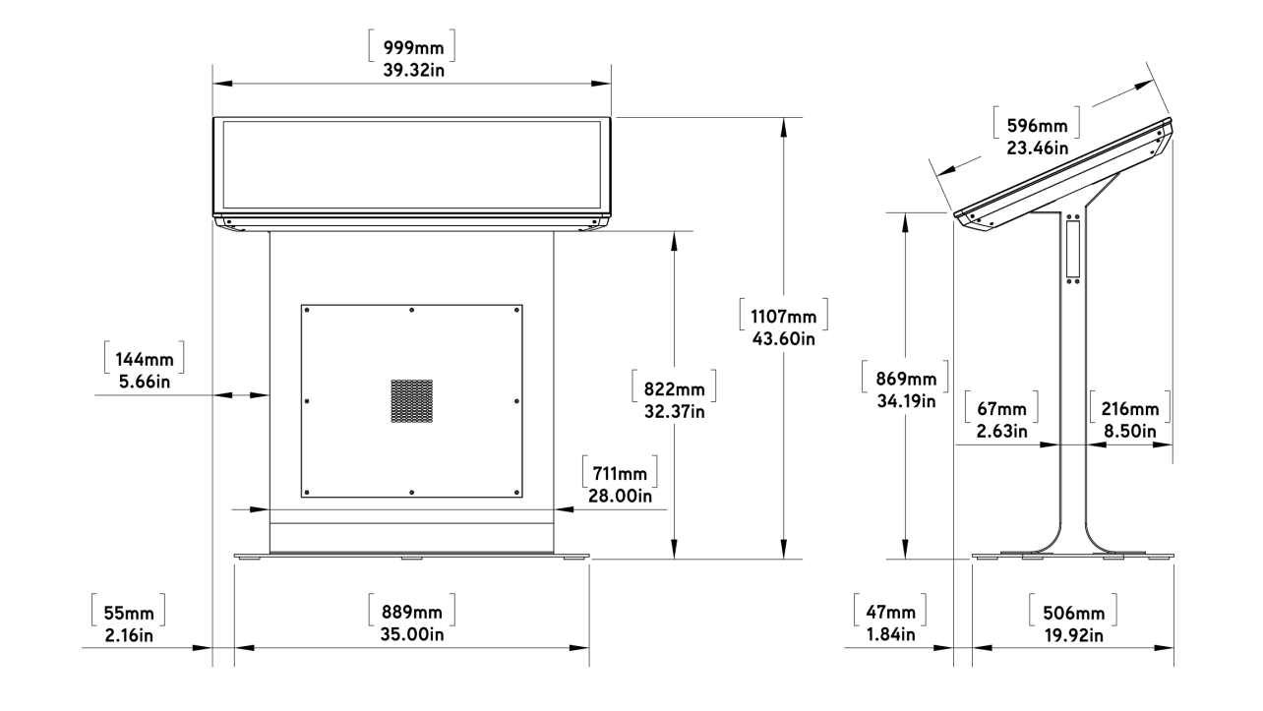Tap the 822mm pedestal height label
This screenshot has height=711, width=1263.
coord(674,386)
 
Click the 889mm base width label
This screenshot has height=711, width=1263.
coord(411,612)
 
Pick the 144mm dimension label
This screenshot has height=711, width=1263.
coord(144,358)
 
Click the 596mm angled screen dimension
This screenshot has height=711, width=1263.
coord(1037,127)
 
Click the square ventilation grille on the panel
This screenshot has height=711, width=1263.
coord(412,401)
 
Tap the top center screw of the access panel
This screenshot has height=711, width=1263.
coord(411,311)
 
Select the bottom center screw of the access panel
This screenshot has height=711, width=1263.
coord(411,492)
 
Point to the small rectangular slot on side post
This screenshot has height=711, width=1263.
coord(1072,247)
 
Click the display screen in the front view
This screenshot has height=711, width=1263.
coord(411,164)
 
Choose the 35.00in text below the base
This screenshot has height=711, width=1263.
coord(411,634)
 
